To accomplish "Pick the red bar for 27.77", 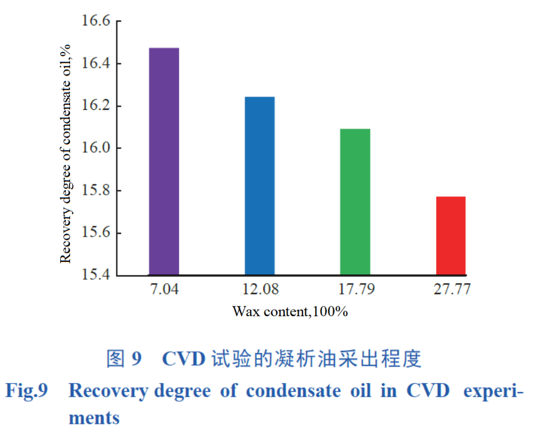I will click(x=451, y=236).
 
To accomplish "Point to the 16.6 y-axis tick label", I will click(x=96, y=22).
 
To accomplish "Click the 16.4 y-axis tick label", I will click(x=96, y=63).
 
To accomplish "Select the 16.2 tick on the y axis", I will click(x=96, y=106).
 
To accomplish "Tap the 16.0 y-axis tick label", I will click(x=96, y=148).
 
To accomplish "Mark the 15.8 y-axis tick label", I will click(x=96, y=191).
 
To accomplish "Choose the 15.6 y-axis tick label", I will click(x=96, y=233).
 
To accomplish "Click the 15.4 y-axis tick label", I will click(x=96, y=275).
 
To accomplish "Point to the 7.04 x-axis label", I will click(x=165, y=290).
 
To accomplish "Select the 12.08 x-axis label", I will click(x=260, y=290).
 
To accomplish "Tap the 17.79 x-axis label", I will click(x=356, y=290).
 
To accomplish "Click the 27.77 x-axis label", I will click(x=451, y=290).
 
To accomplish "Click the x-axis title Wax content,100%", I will click(x=290, y=312).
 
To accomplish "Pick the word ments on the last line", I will click(x=94, y=418).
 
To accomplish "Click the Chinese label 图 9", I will click(x=124, y=359).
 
